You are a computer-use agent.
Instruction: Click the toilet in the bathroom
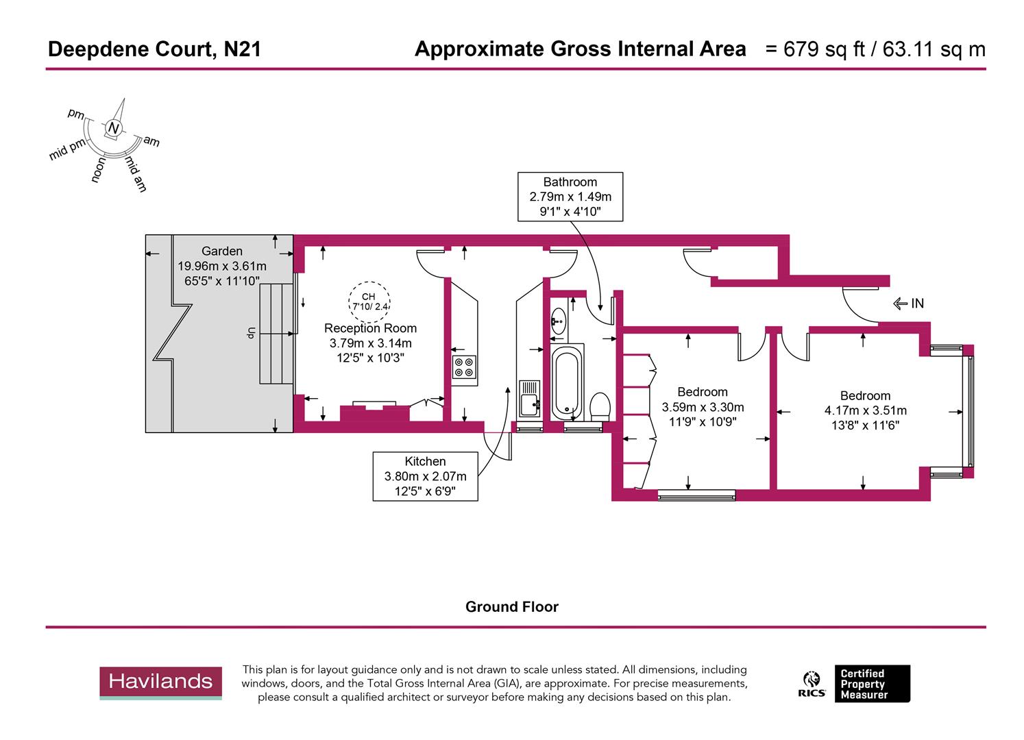click(x=600, y=407)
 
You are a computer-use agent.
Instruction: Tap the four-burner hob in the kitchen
click(x=464, y=368)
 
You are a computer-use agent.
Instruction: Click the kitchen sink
click(x=529, y=400)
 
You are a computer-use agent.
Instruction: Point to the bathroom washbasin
click(x=559, y=321)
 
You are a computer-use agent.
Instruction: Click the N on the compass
click(x=114, y=128)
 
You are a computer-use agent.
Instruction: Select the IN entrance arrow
click(x=909, y=304)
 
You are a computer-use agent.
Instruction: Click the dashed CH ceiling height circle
click(x=369, y=301)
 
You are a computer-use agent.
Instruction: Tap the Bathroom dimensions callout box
click(x=570, y=197)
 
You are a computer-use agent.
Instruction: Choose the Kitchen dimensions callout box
click(x=425, y=476)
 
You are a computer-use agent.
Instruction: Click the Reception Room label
click(x=370, y=328)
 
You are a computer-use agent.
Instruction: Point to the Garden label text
click(x=221, y=251)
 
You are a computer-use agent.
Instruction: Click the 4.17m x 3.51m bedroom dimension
click(x=865, y=410)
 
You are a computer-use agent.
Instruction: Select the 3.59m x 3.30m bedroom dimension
click(x=702, y=407)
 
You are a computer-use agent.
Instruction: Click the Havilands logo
click(x=160, y=682)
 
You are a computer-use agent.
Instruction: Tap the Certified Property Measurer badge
click(x=871, y=684)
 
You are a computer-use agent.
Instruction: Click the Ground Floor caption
click(x=511, y=607)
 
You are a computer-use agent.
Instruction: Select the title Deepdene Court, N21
click(x=154, y=49)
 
